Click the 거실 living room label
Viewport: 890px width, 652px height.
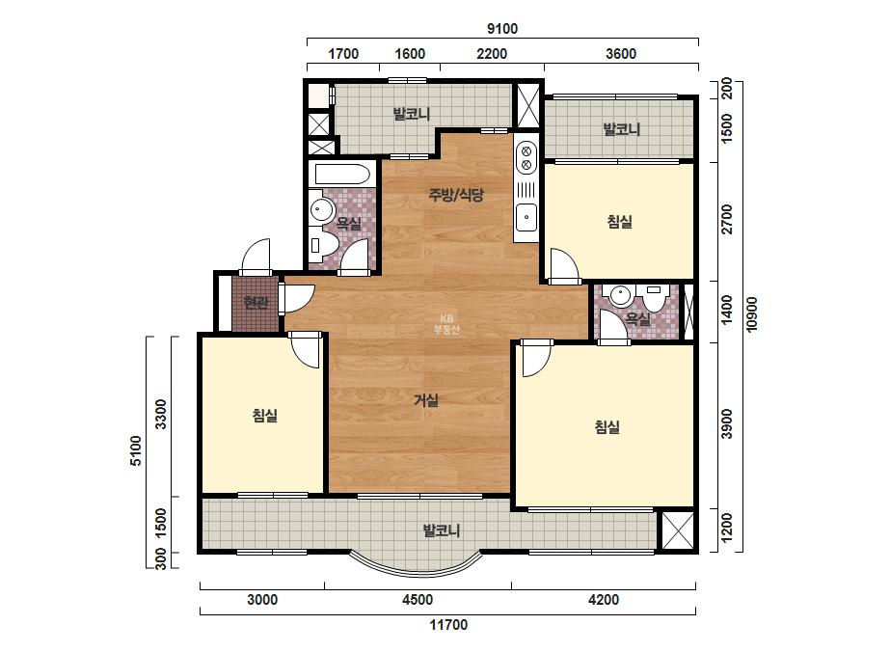pyautogui.click(x=425, y=400)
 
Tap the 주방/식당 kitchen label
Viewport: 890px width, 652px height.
pyautogui.click(x=456, y=196)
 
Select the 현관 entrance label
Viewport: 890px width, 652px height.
pyautogui.click(x=256, y=302)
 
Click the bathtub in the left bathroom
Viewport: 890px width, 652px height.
pyautogui.click(x=339, y=175)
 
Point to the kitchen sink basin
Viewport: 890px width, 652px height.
pyautogui.click(x=526, y=217)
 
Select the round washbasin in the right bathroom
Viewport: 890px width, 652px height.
pyautogui.click(x=620, y=296)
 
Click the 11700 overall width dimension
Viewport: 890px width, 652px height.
pyautogui.click(x=447, y=625)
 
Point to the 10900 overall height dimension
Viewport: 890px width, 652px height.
pyautogui.click(x=752, y=314)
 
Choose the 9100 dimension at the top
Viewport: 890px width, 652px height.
pyautogui.click(x=502, y=28)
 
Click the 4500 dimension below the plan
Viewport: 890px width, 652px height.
pyautogui.click(x=418, y=600)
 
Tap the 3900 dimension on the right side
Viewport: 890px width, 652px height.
pyautogui.click(x=727, y=423)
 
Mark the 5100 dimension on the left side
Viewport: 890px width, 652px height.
pyautogui.click(x=136, y=451)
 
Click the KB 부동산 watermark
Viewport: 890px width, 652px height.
pyautogui.click(x=446, y=324)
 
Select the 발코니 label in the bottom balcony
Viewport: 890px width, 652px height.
pyautogui.click(x=441, y=531)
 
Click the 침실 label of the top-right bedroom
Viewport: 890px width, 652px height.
pyautogui.click(x=619, y=222)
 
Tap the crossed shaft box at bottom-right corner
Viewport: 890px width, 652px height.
pyautogui.click(x=678, y=531)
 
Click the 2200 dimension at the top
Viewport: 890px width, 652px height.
pyautogui.click(x=492, y=54)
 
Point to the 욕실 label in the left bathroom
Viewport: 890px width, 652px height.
pyautogui.click(x=348, y=223)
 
